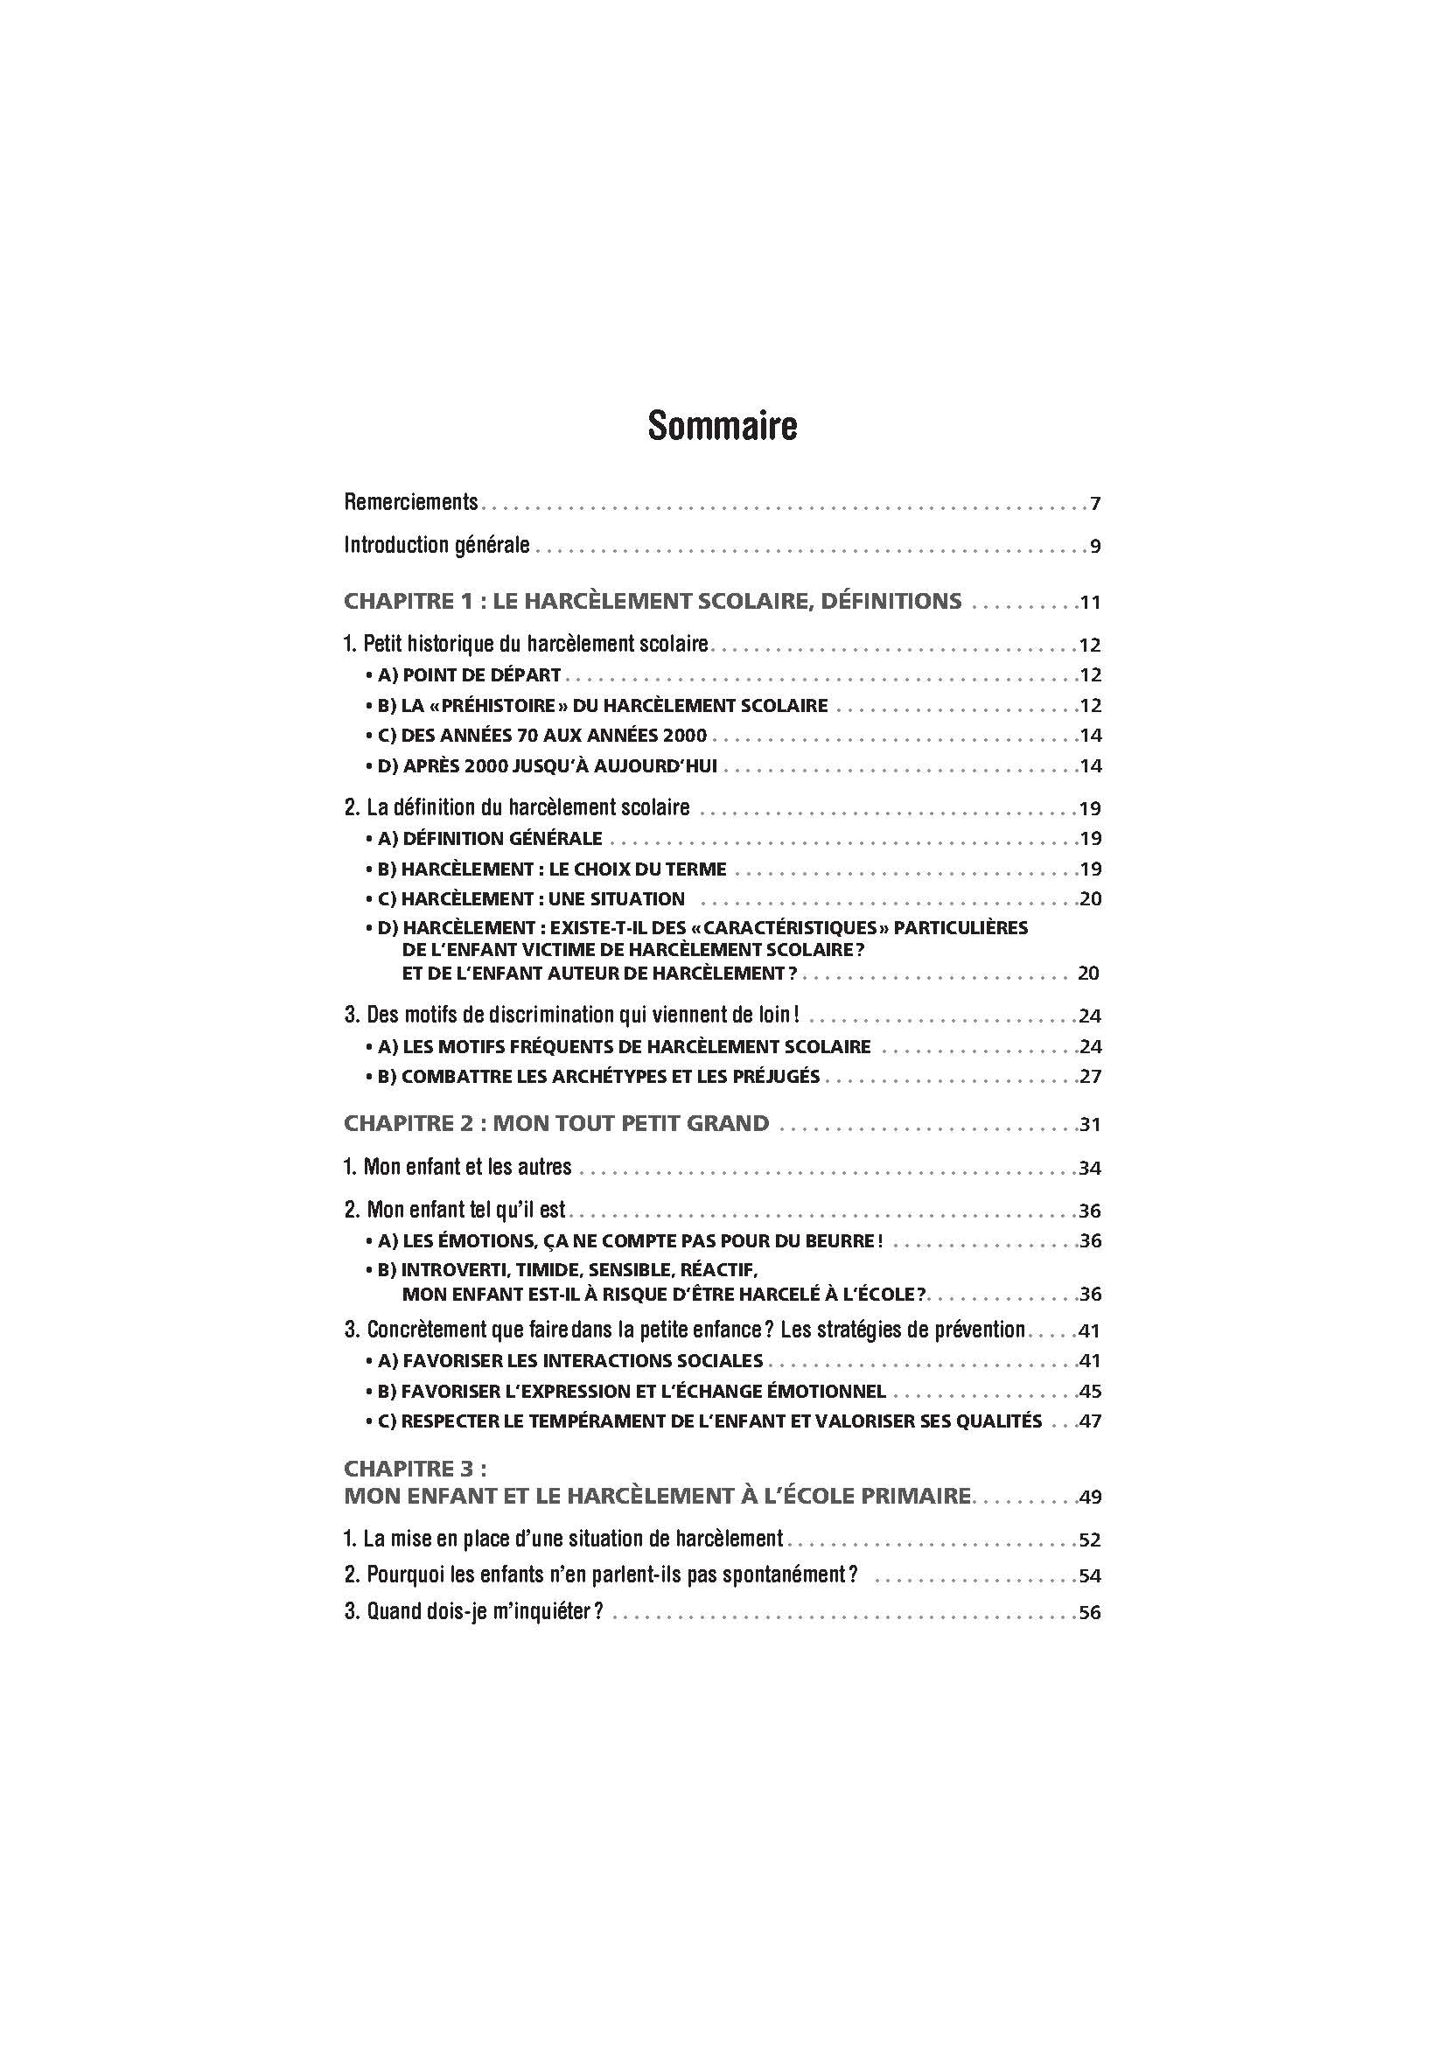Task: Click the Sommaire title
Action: tap(722, 426)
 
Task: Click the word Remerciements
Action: tap(411, 503)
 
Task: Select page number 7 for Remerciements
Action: tap(1095, 505)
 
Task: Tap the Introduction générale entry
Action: tap(437, 545)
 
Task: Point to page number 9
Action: tap(1095, 547)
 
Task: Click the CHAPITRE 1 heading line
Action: tap(653, 602)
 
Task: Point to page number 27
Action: tap(1091, 1077)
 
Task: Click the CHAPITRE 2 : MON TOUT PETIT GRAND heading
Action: tap(556, 1124)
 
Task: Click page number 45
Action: tap(1091, 1391)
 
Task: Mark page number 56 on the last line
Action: tap(1091, 1614)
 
